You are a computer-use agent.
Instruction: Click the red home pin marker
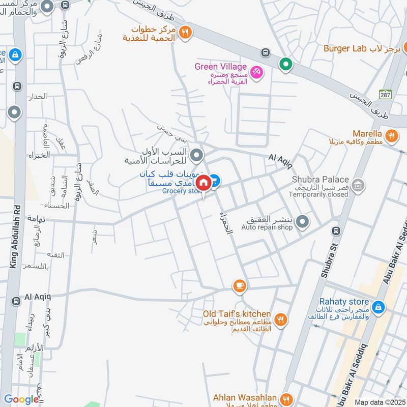pyautogui.click(x=203, y=183)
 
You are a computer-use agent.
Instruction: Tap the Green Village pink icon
pyautogui.click(x=256, y=72)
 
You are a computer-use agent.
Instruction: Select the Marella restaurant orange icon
pyautogui.click(x=391, y=135)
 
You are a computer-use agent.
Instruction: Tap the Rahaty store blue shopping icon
pyautogui.click(x=377, y=307)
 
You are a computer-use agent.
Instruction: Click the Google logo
pyautogui.click(x=21, y=399)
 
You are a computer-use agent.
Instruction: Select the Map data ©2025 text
pyautogui.click(x=380, y=402)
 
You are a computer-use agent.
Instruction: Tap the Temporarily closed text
pyautogui.click(x=320, y=195)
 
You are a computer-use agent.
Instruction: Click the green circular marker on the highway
pyautogui.click(x=285, y=65)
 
